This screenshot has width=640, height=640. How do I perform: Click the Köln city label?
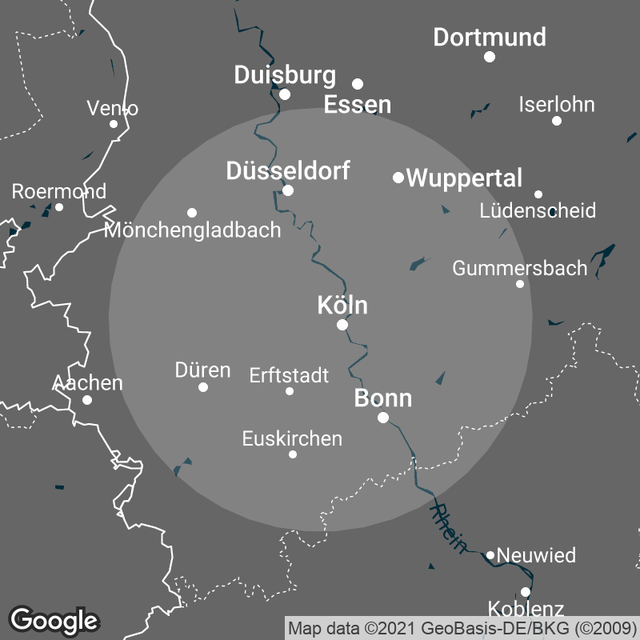pyautogui.click(x=342, y=305)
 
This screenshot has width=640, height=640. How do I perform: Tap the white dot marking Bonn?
pyautogui.click(x=383, y=418)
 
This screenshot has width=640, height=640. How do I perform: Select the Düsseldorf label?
pyautogui.click(x=288, y=170)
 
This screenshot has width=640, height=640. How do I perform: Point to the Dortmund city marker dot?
pyautogui.click(x=490, y=57)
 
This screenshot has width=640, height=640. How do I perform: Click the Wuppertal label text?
pyautogui.click(x=464, y=178)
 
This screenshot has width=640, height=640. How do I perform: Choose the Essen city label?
pyautogui.click(x=358, y=105)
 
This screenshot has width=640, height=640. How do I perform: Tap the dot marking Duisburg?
pyautogui.click(x=285, y=94)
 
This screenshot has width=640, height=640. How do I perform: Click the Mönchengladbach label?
pyautogui.click(x=193, y=230)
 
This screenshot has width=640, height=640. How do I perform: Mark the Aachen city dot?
pyautogui.click(x=87, y=400)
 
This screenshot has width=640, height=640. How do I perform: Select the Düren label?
pyautogui.click(x=202, y=370)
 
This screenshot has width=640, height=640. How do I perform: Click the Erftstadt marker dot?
pyautogui.click(x=290, y=391)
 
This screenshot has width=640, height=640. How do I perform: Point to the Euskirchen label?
pyautogui.click(x=292, y=438)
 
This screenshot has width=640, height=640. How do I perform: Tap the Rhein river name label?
pyautogui.click(x=448, y=528)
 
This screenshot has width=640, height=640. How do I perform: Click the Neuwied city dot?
pyautogui.click(x=490, y=555)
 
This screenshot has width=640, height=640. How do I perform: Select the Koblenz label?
pyautogui.click(x=526, y=609)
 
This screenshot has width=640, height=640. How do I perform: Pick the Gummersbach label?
pyautogui.click(x=520, y=268)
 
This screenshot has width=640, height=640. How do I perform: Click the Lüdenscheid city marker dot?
pyautogui.click(x=538, y=194)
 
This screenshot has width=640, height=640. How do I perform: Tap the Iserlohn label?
pyautogui.click(x=557, y=105)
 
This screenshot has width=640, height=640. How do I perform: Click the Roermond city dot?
pyautogui.click(x=59, y=207)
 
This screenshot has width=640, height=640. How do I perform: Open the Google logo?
pyautogui.click(x=54, y=620)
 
